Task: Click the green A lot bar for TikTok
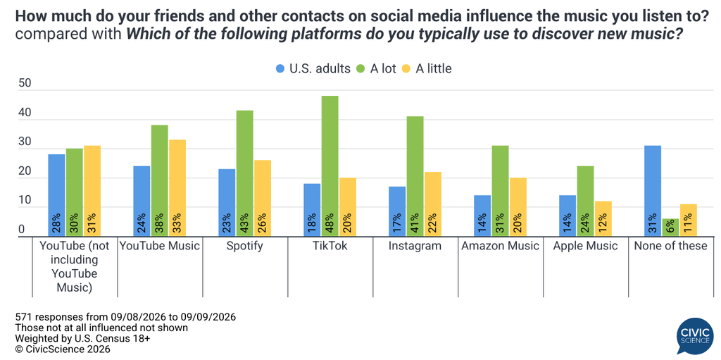pos(330,166)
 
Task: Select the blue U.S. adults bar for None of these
pos(653,191)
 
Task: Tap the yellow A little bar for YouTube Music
pos(177,188)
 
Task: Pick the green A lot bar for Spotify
pos(244,173)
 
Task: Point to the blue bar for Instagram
pos(397,212)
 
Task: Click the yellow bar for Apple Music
pos(603,218)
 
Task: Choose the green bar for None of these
pos(670,228)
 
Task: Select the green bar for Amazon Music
pos(501,191)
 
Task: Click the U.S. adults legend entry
pos(312,68)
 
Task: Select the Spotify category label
pos(244,246)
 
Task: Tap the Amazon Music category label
pos(500,246)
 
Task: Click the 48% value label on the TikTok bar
pos(330,223)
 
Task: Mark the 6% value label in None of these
pos(670,226)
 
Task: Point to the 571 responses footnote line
pos(125,317)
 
